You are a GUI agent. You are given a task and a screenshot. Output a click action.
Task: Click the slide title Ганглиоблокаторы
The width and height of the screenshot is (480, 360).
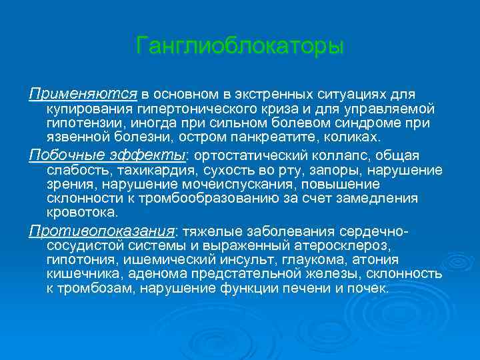pyautogui.click(x=240, y=47)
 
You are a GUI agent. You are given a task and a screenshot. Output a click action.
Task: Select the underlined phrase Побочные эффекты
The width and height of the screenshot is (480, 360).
pyautogui.click(x=107, y=155)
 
